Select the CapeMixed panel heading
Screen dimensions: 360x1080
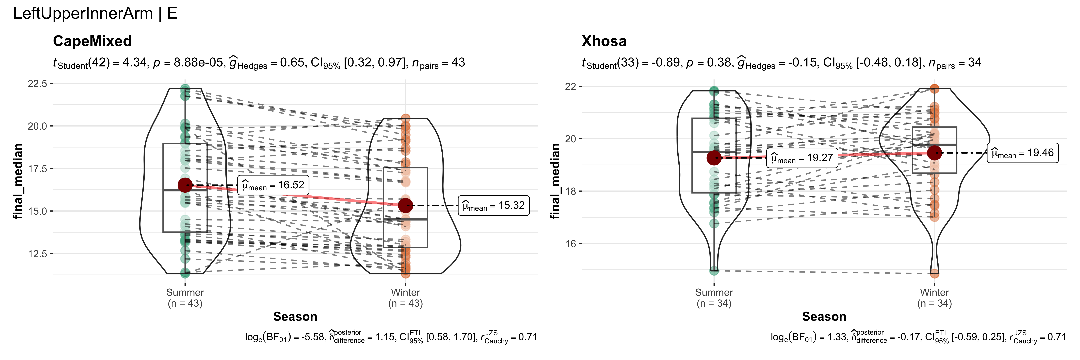coord(92,41)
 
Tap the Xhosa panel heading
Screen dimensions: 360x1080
coord(604,41)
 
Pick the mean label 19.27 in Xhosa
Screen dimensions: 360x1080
coord(802,158)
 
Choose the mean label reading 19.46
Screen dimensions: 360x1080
coord(1023,153)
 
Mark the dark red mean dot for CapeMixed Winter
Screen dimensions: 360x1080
coord(405,205)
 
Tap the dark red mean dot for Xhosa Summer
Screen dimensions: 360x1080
coord(714,158)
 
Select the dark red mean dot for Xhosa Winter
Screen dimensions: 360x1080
coord(934,153)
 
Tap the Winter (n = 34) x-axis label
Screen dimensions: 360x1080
coord(934,298)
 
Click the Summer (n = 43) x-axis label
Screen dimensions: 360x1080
coord(185,298)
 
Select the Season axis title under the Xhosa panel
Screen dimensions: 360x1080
coord(824,316)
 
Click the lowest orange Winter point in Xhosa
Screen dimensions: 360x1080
coord(934,274)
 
